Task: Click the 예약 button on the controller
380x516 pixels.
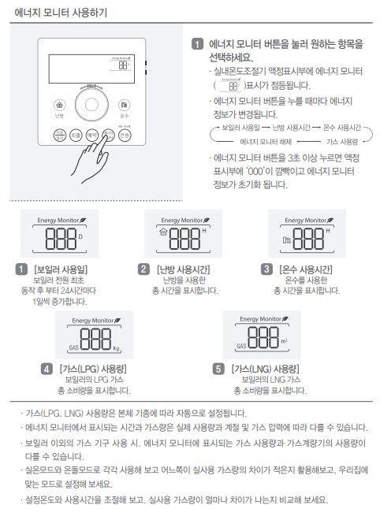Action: (x=91, y=135)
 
